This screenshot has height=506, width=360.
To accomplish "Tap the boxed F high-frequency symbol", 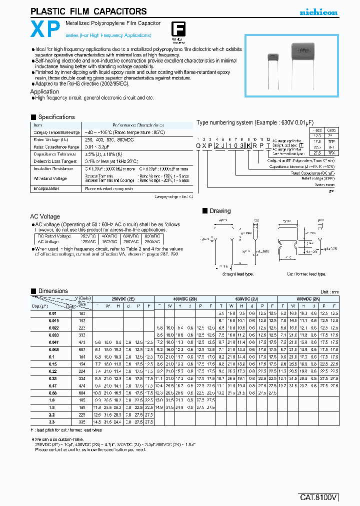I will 177,28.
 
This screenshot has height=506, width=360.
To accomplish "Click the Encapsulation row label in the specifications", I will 46,188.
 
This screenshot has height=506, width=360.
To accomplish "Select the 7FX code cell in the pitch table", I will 330,152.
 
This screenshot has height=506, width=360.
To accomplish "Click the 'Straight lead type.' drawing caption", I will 237,274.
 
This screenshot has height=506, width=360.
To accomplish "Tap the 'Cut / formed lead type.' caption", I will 306,274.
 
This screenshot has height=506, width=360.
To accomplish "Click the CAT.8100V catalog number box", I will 318,497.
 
